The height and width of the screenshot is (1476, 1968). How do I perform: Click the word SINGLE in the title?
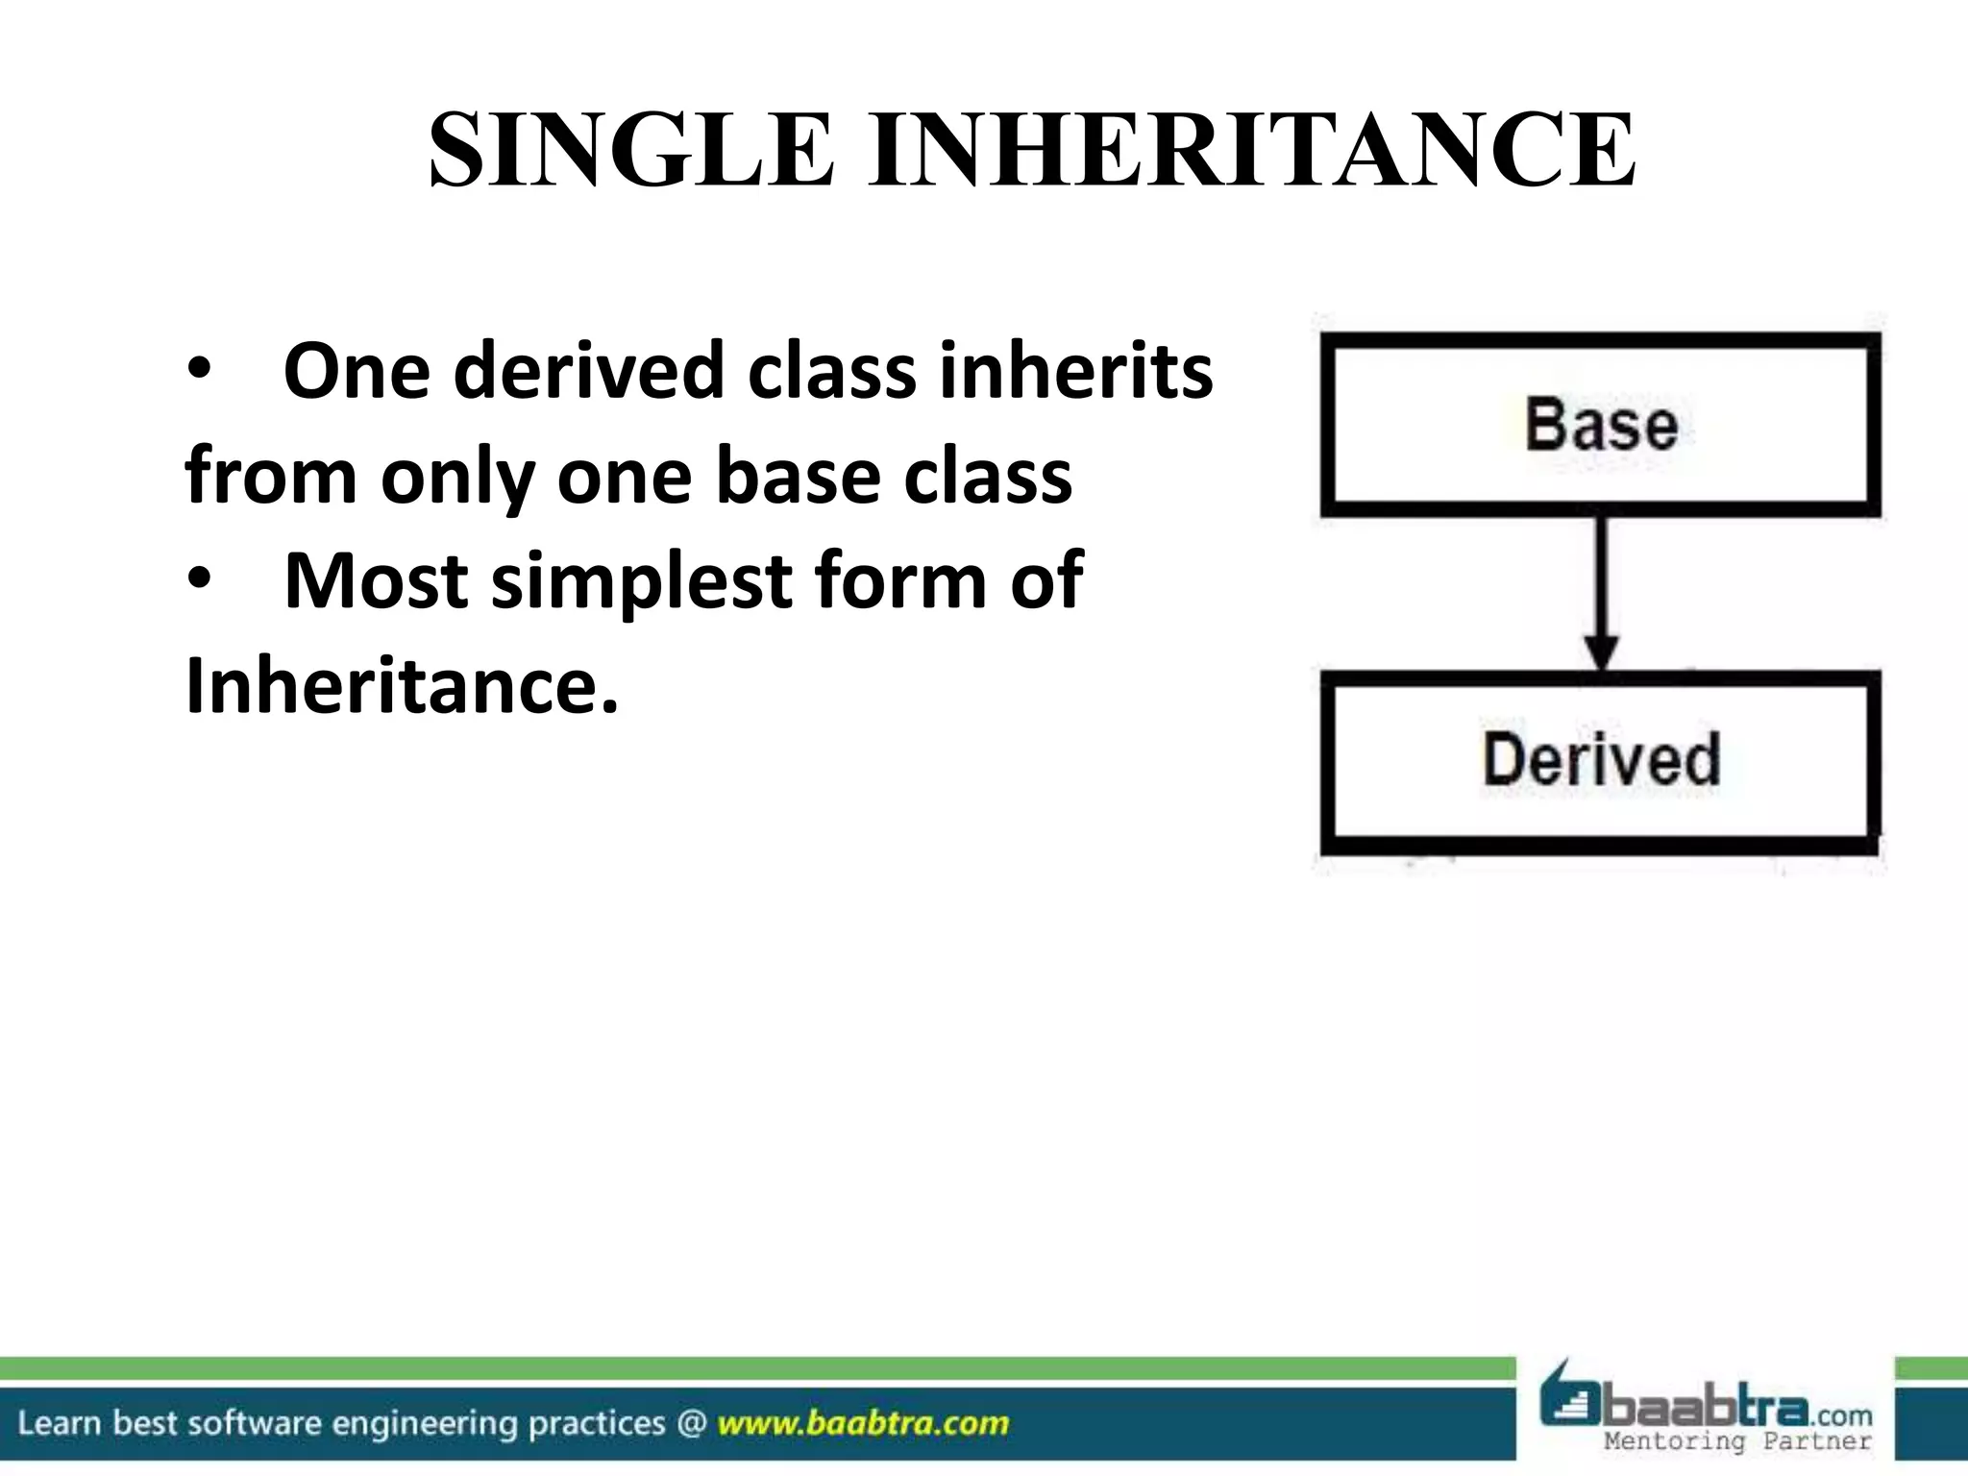[631, 151]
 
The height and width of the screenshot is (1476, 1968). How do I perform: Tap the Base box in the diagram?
[1600, 425]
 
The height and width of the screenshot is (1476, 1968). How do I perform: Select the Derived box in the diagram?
[1600, 761]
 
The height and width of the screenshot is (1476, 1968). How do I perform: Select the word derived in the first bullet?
[588, 372]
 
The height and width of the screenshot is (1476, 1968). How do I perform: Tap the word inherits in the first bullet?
[1076, 372]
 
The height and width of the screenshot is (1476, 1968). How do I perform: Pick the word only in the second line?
[457, 478]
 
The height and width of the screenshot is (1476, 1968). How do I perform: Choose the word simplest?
[642, 581]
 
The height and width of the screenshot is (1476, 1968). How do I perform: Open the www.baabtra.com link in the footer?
[863, 1423]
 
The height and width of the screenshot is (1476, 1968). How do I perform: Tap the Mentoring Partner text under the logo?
[1737, 1440]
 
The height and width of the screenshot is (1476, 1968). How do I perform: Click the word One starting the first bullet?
[356, 372]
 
